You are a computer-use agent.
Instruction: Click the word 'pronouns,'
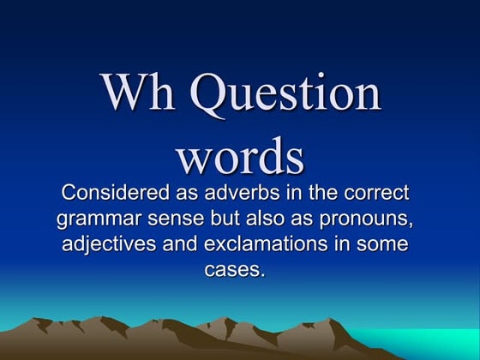tap(372, 219)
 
